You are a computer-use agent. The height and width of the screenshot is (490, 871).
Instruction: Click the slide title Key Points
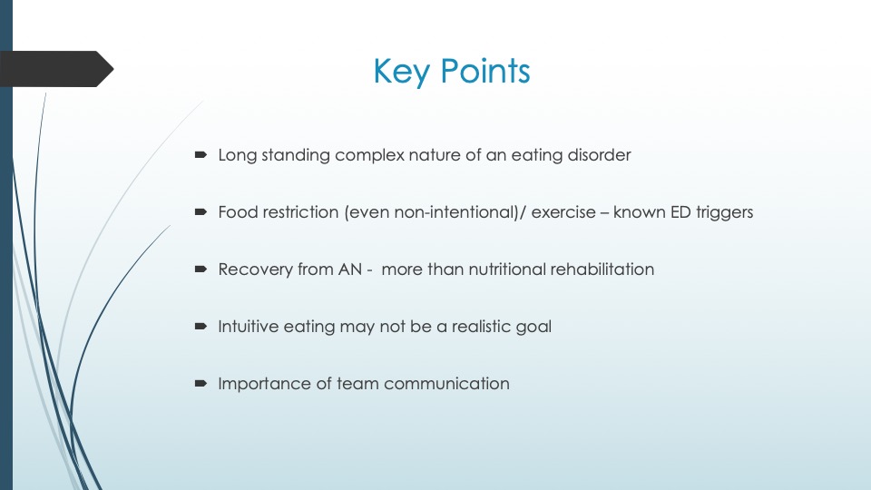pyautogui.click(x=451, y=71)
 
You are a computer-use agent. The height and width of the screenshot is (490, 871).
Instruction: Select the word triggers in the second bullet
pyautogui.click(x=722, y=213)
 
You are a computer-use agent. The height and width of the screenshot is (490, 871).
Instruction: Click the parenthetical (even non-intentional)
pyautogui.click(x=427, y=213)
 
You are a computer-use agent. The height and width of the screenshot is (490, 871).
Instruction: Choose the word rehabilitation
pyautogui.click(x=604, y=269)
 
